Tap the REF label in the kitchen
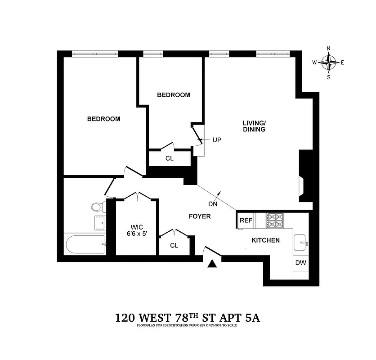click(246, 220)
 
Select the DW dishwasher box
click(300, 263)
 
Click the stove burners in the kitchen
click(275, 220)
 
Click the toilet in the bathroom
click(97, 207)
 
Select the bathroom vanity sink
click(99, 222)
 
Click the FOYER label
click(199, 216)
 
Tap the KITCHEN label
click(265, 240)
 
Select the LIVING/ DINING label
click(254, 126)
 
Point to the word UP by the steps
click(217, 140)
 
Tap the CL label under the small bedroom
click(170, 158)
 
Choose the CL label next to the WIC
click(174, 246)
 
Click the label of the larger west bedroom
click(103, 119)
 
